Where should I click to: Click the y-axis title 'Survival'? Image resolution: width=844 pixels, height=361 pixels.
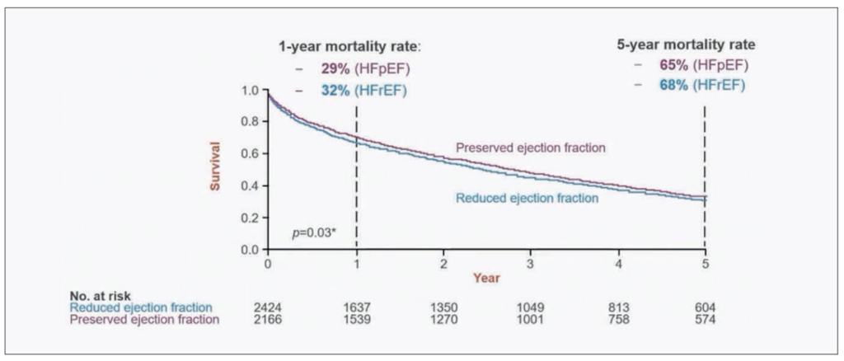click(215, 168)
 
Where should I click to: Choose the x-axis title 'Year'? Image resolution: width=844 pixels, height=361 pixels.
click(486, 278)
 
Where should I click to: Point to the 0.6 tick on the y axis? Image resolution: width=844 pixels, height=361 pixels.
click(251, 153)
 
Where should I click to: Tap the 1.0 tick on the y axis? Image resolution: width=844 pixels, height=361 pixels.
click(251, 90)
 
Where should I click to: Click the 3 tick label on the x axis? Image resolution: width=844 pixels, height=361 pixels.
click(531, 263)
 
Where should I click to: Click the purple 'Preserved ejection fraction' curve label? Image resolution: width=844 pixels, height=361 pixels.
click(532, 148)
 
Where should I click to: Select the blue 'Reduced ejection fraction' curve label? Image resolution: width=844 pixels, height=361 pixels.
click(527, 198)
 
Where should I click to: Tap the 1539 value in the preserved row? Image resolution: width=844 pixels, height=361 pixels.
click(356, 320)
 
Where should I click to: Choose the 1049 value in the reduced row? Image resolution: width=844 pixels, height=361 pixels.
click(531, 307)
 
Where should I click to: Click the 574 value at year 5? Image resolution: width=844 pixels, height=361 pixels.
click(705, 320)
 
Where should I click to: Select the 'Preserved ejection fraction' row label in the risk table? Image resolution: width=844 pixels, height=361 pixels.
click(145, 320)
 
